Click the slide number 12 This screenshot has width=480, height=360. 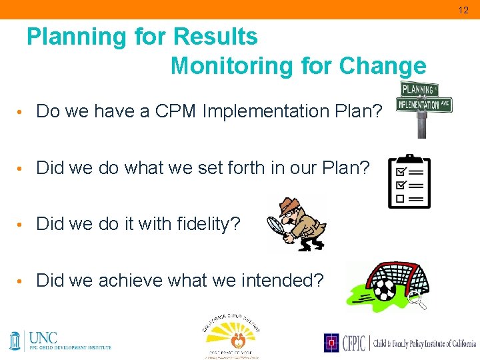pyautogui.click(x=463, y=9)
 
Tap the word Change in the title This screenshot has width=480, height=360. pyautogui.click(x=383, y=66)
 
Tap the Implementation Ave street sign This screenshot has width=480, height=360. pyautogui.click(x=424, y=104)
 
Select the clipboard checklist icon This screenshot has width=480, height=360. pyautogui.click(x=409, y=181)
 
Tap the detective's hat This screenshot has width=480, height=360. pyautogui.click(x=289, y=204)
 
